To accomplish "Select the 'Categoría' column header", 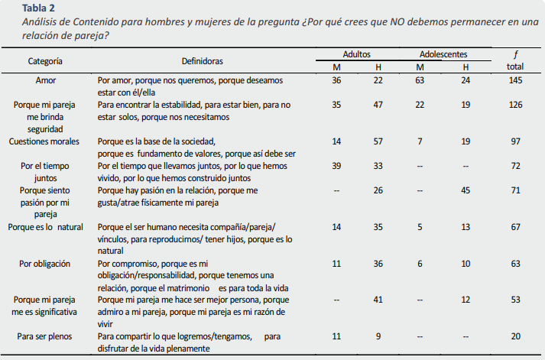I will click(46, 60).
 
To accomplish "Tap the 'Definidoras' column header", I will click(202, 60).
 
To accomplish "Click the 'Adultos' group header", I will click(357, 54).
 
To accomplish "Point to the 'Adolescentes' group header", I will click(443, 54).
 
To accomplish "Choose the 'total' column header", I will click(514, 66).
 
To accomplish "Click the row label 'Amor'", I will click(46, 79).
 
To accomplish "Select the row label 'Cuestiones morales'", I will click(46, 141).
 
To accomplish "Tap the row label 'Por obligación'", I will click(46, 264).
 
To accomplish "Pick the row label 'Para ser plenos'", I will click(46, 336).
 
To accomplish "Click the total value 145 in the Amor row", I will click(514, 79).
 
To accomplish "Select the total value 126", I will click(514, 105).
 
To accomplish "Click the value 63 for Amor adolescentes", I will click(420, 79).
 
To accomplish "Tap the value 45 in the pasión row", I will click(467, 190).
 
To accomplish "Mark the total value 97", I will click(514, 141).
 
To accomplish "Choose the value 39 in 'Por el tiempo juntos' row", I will click(336, 166).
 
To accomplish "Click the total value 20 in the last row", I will click(514, 336).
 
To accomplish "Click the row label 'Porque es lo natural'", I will click(46, 227).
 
